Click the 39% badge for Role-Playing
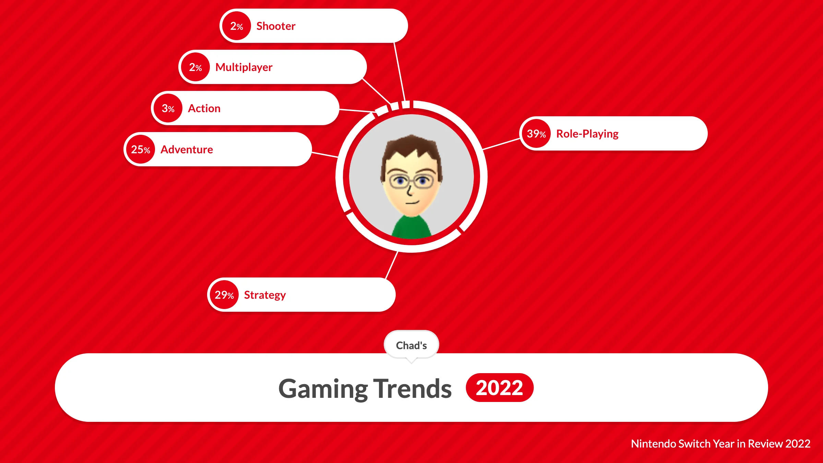tap(536, 133)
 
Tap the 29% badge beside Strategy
tap(224, 295)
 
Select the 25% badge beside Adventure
tap(141, 149)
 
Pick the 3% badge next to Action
tap(168, 108)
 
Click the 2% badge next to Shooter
tap(237, 26)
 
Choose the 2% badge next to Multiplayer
tap(195, 67)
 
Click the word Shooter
tap(276, 26)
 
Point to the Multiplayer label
tap(244, 67)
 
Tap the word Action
tap(204, 108)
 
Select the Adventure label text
tap(187, 150)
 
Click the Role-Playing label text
tap(587, 134)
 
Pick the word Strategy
tap(265, 295)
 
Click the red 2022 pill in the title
tap(499, 388)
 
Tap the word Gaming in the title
tap(323, 389)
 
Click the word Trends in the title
tap(412, 389)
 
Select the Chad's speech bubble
tap(411, 345)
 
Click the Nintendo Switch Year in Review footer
tap(720, 444)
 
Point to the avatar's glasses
tap(411, 181)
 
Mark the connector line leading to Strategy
tap(392, 265)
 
